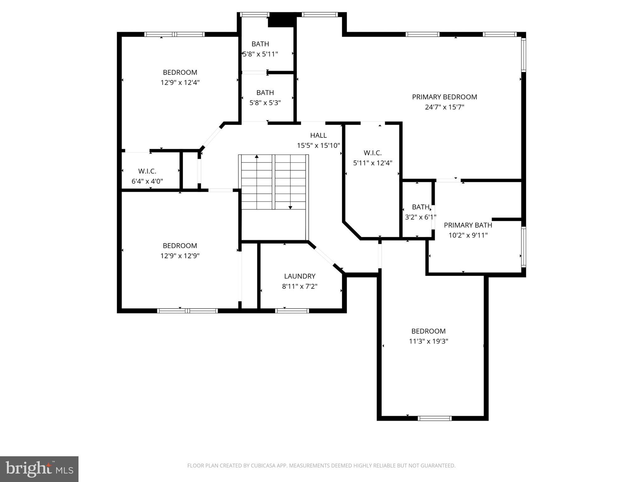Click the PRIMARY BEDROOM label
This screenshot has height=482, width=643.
click(444, 97)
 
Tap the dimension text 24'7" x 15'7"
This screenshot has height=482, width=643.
click(444, 107)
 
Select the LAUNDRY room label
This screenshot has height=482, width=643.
click(300, 276)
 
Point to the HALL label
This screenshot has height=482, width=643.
click(318, 135)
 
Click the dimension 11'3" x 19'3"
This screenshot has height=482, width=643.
click(428, 341)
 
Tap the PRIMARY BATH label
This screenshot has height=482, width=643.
click(468, 225)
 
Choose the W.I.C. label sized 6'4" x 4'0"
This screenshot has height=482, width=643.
click(147, 171)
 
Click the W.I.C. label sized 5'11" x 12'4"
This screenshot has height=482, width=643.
click(373, 153)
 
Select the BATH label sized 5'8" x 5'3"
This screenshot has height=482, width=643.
click(265, 93)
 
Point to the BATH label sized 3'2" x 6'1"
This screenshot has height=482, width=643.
click(420, 207)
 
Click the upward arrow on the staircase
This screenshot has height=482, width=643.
click(257, 156)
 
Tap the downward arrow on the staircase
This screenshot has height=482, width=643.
click(290, 207)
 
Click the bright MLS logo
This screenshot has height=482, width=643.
click(39, 469)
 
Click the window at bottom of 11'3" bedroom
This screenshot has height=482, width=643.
click(435, 418)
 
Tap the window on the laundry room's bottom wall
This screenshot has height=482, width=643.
click(292, 311)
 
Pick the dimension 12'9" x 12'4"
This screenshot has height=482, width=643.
click(180, 83)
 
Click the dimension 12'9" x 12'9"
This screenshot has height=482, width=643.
click(180, 256)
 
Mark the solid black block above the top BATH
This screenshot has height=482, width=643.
click(282, 20)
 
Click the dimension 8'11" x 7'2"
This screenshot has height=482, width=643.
click(300, 287)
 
